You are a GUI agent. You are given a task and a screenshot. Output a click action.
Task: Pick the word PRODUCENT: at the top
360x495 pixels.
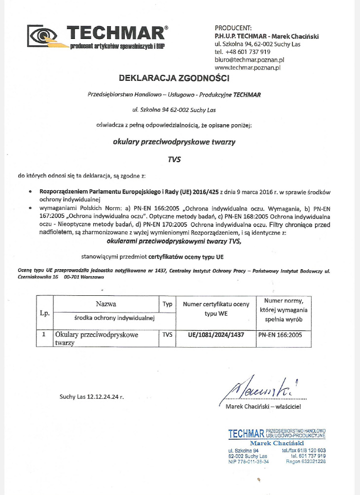point(233,28)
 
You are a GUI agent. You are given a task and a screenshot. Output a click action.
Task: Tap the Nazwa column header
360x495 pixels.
point(106,304)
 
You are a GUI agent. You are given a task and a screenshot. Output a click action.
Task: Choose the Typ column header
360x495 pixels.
point(167,304)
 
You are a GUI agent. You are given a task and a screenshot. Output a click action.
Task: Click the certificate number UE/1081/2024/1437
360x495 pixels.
point(216,334)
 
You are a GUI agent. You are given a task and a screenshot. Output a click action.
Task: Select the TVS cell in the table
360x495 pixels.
point(167,334)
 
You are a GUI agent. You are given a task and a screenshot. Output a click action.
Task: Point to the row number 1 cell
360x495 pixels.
point(44,334)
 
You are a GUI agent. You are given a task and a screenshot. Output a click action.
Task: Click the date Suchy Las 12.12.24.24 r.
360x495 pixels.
point(91,396)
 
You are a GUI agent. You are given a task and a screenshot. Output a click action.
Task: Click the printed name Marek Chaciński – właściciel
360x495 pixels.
point(263,406)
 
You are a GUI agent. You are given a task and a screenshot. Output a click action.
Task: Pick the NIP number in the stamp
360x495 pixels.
point(249,461)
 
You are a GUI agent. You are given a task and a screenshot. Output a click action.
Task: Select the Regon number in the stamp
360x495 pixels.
point(306,461)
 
